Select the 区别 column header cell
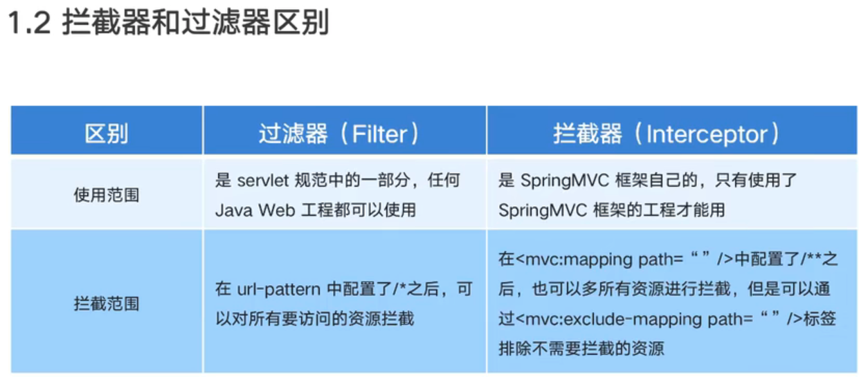click(x=107, y=133)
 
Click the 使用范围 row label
click(x=107, y=195)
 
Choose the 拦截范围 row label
click(x=107, y=303)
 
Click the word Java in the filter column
click(x=231, y=210)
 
